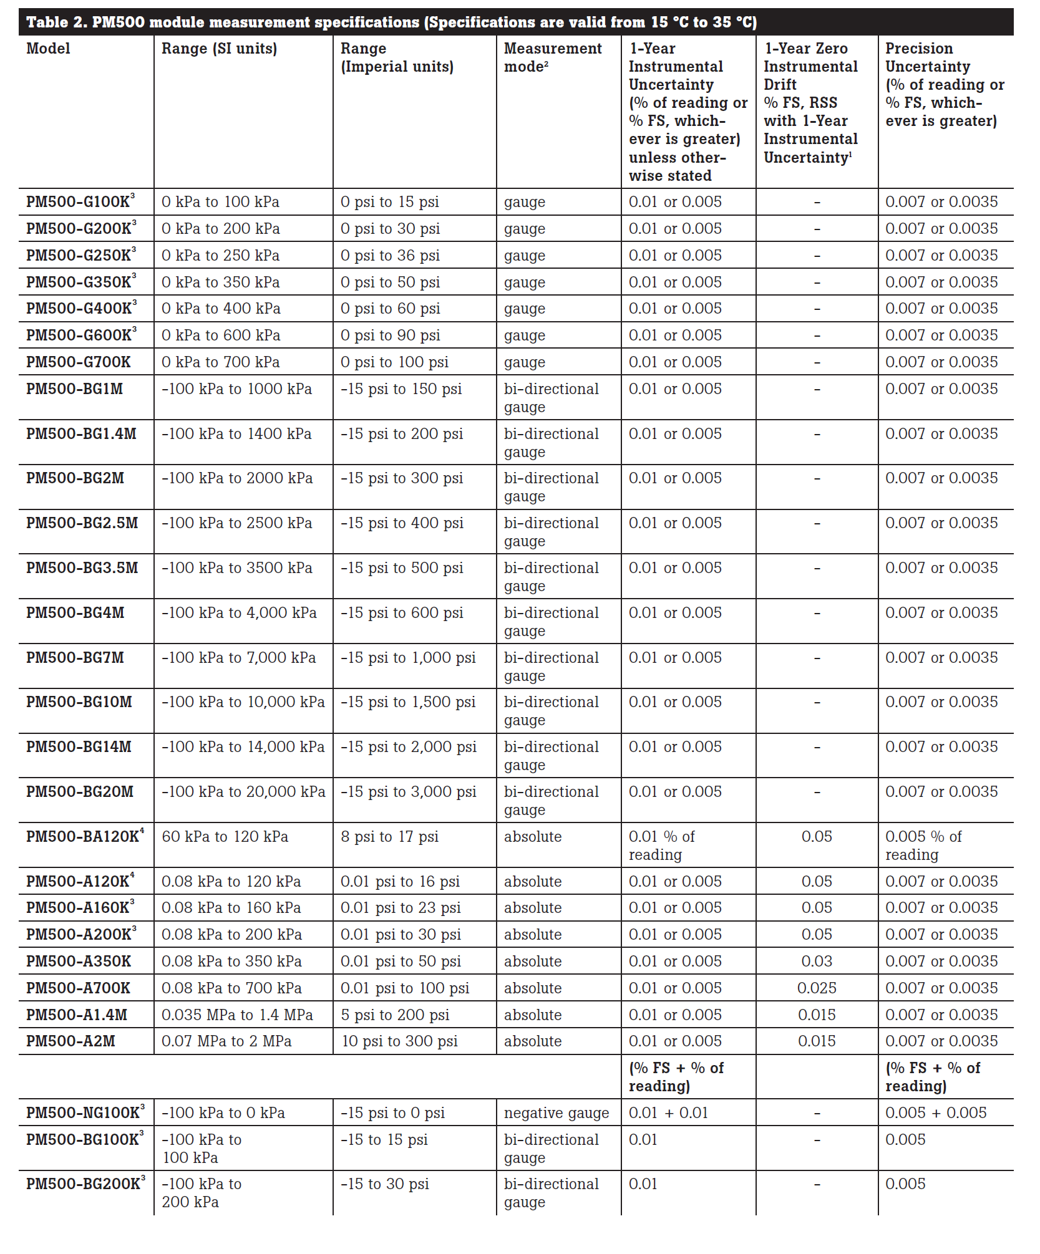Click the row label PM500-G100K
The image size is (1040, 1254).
[78, 202]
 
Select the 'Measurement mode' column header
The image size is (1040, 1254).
[552, 57]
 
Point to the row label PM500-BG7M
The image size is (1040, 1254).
[75, 658]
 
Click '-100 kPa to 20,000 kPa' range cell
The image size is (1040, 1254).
[243, 792]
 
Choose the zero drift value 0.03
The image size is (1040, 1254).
[816, 962]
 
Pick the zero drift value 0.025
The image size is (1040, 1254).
[816, 988]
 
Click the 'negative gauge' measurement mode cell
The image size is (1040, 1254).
[556, 1113]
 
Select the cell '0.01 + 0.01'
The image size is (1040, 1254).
[668, 1113]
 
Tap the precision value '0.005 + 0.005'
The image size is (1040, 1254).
[936, 1113]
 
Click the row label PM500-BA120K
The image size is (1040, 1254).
[82, 837]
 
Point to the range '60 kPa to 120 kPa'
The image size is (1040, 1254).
[225, 837]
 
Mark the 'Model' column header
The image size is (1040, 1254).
[48, 49]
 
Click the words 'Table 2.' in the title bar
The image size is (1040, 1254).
[56, 22]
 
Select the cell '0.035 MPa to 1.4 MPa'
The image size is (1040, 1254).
[237, 1015]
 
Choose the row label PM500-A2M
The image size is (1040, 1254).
[70, 1041]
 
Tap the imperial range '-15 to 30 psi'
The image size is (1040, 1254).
[384, 1184]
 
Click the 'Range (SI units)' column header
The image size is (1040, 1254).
[219, 49]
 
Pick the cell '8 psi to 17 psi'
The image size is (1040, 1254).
[389, 837]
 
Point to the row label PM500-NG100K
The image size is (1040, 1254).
[82, 1113]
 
